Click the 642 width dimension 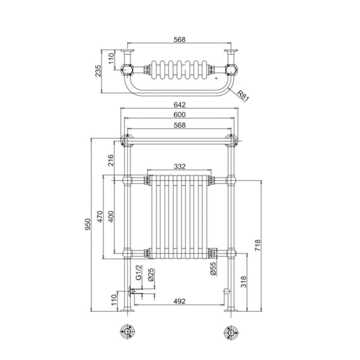coord(179,105)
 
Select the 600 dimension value coord(179,115)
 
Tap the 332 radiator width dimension coord(179,167)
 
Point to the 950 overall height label coord(88,224)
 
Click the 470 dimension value coord(100,217)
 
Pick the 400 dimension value coord(111,217)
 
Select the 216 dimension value coord(111,160)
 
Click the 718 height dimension coord(258,245)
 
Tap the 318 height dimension coord(243,282)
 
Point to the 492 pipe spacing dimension coord(179,301)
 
